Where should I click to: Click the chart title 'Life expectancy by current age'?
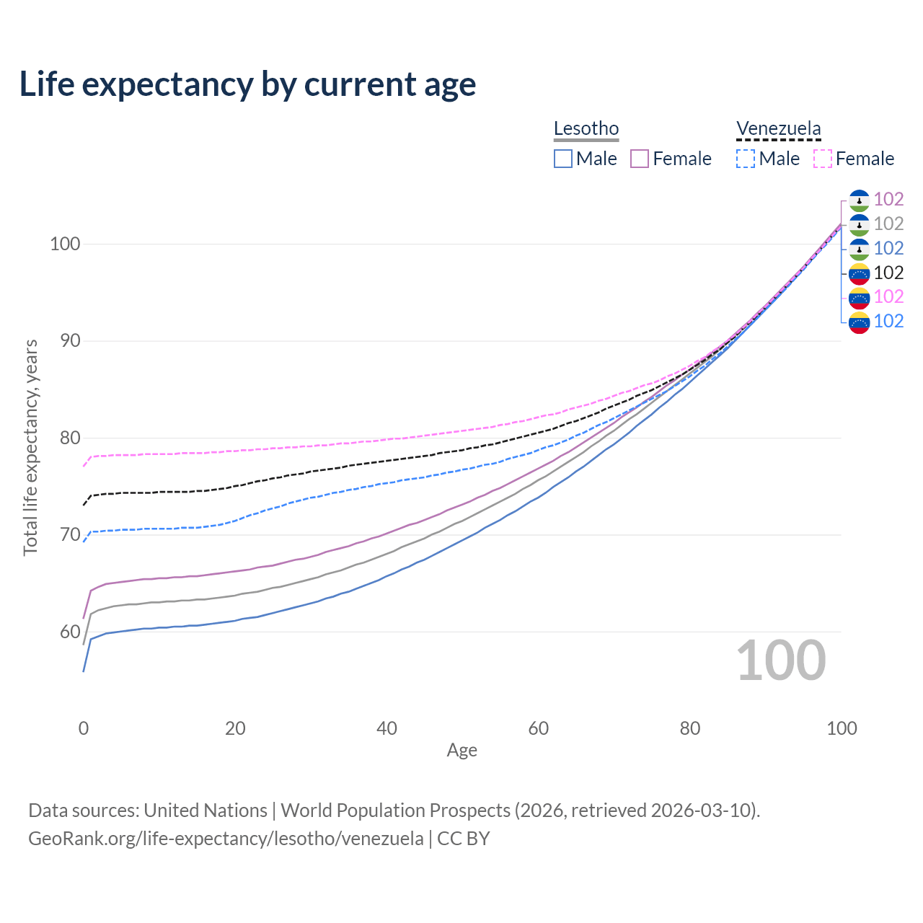point(247,84)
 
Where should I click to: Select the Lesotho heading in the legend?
point(586,128)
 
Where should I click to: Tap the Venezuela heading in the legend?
point(778,128)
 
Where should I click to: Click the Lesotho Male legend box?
point(563,159)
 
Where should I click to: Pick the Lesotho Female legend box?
point(640,159)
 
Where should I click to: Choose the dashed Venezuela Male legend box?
point(746,159)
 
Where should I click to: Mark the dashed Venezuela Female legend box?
point(823,159)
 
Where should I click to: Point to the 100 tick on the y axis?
point(64,244)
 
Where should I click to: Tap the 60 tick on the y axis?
point(69,632)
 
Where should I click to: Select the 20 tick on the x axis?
point(235,728)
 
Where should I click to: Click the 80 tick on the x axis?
point(690,728)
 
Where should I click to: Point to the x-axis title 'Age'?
point(461,750)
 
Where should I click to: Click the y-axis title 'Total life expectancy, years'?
point(30,447)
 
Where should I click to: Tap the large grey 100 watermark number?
point(781,661)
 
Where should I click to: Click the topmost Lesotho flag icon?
point(859,200)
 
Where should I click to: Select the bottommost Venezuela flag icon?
point(859,322)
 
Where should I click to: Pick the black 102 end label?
point(888,273)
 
